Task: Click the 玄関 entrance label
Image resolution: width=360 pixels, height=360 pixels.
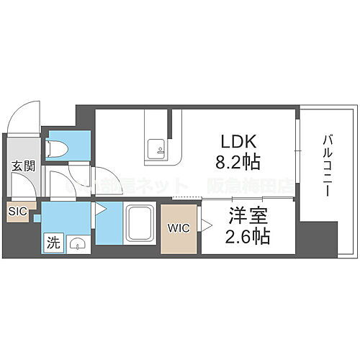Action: pyautogui.click(x=23, y=166)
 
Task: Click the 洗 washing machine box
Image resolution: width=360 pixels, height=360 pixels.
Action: pyautogui.click(x=53, y=243)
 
